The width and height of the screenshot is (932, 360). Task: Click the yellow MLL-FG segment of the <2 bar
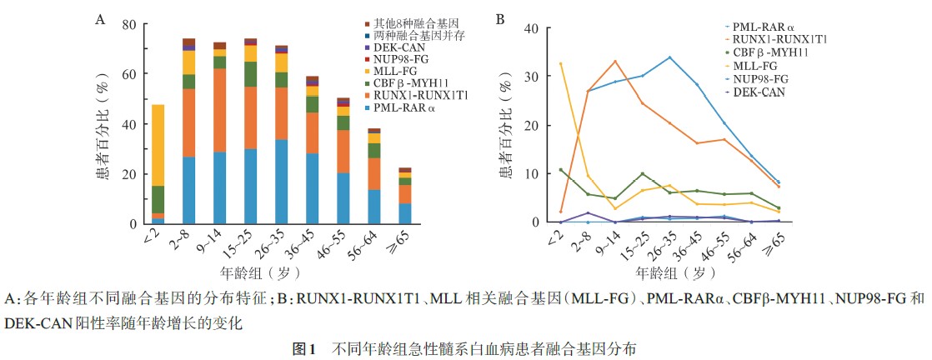[x=158, y=146]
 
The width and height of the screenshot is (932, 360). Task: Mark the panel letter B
[x=499, y=17]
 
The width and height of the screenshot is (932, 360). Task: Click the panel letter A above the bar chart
[x=99, y=17]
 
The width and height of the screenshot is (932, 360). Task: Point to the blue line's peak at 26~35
[x=669, y=57]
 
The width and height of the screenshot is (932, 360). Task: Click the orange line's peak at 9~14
[x=615, y=61]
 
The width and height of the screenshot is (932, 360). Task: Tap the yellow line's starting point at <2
[x=560, y=63]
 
